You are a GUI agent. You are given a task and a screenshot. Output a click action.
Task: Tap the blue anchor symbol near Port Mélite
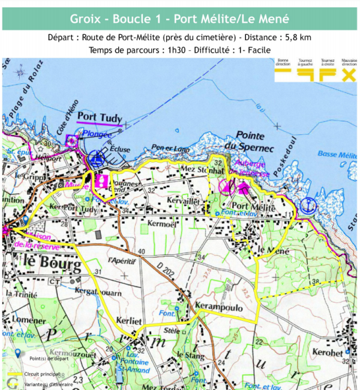(308, 205)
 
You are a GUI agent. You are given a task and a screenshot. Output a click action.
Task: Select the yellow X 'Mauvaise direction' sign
(348, 74)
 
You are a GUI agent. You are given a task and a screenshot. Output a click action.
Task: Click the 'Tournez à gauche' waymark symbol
(305, 74)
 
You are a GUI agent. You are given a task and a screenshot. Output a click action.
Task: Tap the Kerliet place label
(129, 320)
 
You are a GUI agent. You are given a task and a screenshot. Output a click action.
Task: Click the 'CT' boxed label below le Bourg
(55, 281)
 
